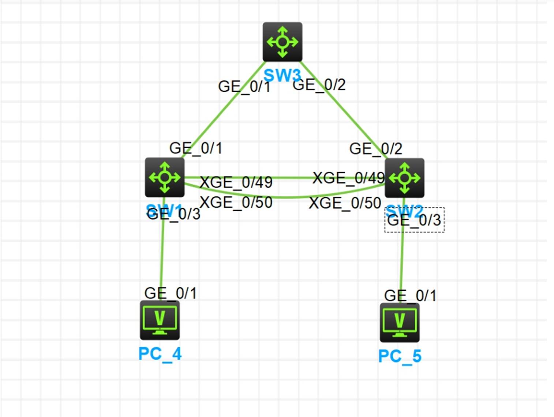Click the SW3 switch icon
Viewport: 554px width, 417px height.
(282, 42)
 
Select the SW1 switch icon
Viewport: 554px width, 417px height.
(165, 178)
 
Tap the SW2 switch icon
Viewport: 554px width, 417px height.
(404, 178)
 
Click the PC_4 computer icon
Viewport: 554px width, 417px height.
(160, 320)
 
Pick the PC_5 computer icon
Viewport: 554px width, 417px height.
(400, 323)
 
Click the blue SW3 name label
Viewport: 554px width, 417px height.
(282, 75)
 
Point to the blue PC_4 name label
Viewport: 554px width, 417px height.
(160, 354)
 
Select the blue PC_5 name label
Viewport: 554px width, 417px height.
(400, 356)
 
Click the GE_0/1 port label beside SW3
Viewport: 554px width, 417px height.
(244, 87)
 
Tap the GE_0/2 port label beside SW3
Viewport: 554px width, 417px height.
(319, 85)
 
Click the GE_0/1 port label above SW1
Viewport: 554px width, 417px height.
(196, 148)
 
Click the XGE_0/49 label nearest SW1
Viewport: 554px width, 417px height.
(236, 182)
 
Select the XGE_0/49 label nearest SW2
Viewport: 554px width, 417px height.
(348, 178)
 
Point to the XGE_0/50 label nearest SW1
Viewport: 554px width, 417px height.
(236, 202)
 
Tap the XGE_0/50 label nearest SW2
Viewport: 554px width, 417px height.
(345, 203)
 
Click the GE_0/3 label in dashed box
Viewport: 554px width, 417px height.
(414, 220)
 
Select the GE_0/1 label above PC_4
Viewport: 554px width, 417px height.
(171, 293)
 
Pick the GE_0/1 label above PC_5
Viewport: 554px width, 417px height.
(410, 295)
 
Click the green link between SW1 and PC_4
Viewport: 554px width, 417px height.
(162, 256)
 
